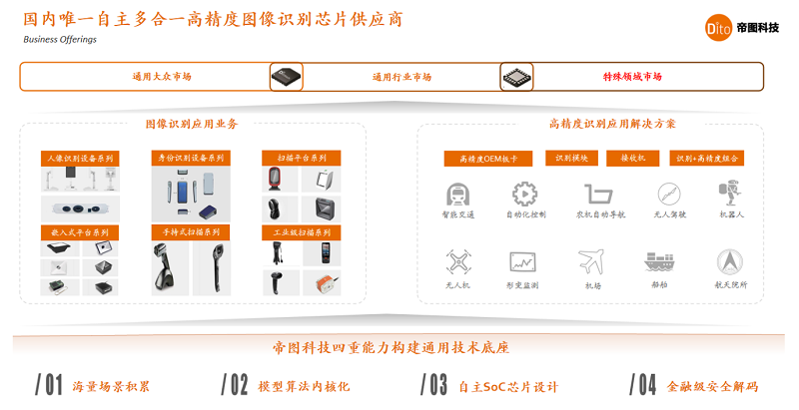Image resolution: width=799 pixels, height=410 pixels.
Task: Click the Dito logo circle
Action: (718, 27)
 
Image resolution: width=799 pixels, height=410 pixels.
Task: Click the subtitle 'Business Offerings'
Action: (60, 40)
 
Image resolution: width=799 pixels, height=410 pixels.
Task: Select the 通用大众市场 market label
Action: (162, 77)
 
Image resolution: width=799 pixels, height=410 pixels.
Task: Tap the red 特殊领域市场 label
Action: (631, 77)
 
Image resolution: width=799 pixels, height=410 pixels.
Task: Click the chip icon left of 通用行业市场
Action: (287, 77)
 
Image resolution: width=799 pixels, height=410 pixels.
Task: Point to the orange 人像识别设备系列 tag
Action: (80, 158)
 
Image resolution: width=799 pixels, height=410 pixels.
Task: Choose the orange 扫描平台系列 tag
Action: (301, 158)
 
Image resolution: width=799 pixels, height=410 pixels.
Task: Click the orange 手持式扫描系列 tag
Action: (191, 232)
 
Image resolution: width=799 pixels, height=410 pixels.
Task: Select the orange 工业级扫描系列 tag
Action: (301, 232)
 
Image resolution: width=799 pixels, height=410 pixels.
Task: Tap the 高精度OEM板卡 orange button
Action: (485, 159)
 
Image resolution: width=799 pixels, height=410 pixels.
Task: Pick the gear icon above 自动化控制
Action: (524, 194)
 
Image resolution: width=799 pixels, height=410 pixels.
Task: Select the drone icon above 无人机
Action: (458, 261)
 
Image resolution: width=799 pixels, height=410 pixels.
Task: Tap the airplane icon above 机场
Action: (591, 261)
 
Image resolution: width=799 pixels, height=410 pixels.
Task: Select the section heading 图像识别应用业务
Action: (191, 124)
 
